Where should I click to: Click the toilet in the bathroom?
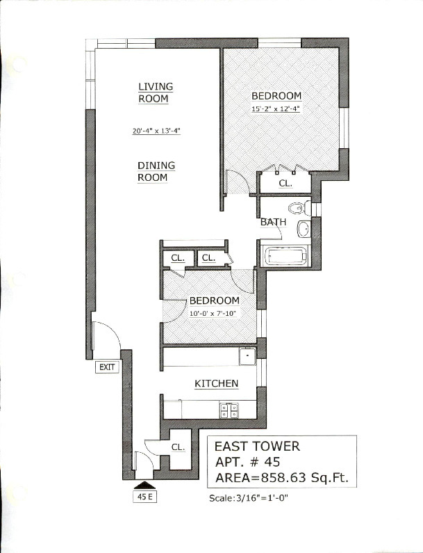[x=299, y=208]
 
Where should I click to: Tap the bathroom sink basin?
[x=304, y=229]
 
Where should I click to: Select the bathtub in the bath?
[x=285, y=256]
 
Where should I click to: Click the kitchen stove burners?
[x=229, y=410]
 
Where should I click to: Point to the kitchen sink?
[x=247, y=356]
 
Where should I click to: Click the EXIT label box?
[x=107, y=367]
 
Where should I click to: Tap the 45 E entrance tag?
[x=144, y=497]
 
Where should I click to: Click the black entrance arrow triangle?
[x=144, y=485]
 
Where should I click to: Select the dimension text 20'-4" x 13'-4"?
[x=156, y=131]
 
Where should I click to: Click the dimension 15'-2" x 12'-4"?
[x=276, y=109]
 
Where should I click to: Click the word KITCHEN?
[x=217, y=383]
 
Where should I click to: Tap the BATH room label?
[x=273, y=222]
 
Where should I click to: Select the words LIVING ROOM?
[x=156, y=93]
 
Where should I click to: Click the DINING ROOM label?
[x=156, y=171]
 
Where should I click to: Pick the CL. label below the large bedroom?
[x=285, y=184]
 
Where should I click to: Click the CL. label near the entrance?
[x=179, y=447]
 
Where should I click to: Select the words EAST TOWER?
[x=258, y=446]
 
